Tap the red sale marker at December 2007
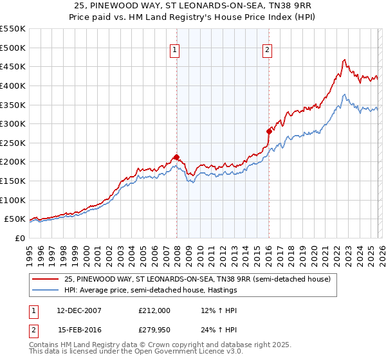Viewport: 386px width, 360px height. tap(176, 157)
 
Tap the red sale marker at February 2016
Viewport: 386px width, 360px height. tap(268, 131)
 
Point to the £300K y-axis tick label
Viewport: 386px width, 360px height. tap(13, 123)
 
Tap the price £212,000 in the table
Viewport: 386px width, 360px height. tap(154, 310)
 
